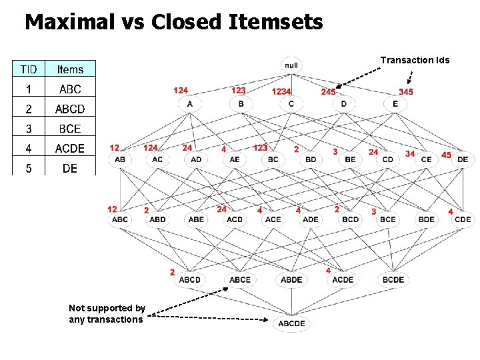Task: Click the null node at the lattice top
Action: pos(291,65)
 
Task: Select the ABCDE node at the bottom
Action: pos(291,323)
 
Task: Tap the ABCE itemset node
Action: pos(240,279)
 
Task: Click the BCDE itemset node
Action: pos(393,279)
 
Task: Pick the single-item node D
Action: pos(344,104)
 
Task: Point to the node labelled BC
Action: pos(273,159)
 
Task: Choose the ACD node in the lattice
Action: pos(235,219)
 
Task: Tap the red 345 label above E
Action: pos(405,91)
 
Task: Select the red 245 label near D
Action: pos(328,91)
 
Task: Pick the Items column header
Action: pos(70,69)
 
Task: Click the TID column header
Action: pos(29,69)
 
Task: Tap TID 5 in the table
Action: pos(29,168)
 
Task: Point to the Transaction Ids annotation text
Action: pos(415,60)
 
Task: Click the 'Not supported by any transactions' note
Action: pos(107,313)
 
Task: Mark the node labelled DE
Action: pos(463,159)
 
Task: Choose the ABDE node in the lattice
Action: pos(291,279)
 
